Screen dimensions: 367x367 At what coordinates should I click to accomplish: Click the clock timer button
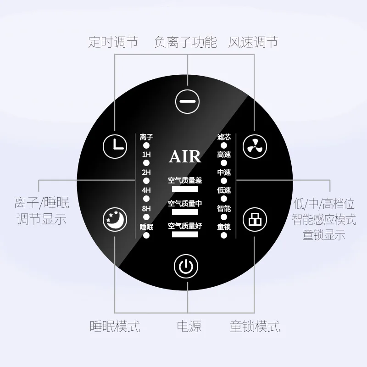tap(115, 145)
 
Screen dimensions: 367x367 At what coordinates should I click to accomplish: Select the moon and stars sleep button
tap(114, 220)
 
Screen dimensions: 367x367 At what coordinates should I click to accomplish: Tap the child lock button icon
tap(254, 220)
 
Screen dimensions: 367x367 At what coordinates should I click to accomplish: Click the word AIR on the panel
tap(185, 156)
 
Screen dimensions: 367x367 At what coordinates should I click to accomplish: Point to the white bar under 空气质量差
tap(185, 189)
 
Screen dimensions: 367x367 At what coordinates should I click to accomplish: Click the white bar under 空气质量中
tap(185, 211)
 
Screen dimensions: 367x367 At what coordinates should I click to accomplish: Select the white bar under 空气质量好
tap(185, 234)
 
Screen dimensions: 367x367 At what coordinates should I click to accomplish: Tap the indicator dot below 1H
tap(146, 163)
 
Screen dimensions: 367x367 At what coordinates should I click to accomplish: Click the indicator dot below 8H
tap(146, 217)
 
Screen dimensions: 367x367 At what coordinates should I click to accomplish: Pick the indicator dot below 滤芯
tap(224, 145)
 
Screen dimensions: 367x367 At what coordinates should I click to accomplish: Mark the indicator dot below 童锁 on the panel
tap(224, 235)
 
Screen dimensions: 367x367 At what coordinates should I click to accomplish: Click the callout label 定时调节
tap(113, 43)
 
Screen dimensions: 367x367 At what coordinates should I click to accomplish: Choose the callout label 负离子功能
tap(186, 43)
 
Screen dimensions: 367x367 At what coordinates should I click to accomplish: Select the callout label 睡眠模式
tap(115, 327)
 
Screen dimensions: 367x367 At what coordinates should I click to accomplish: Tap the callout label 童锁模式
tap(255, 327)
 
